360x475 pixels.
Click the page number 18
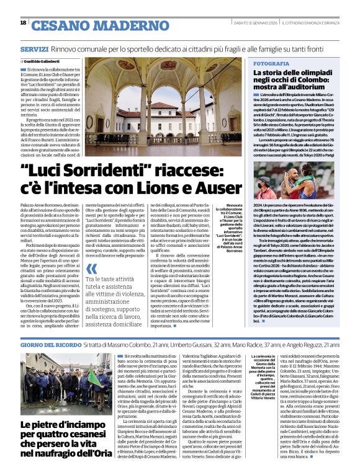pyautogui.click(x=23, y=23)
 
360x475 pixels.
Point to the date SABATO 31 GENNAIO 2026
pyautogui.click(x=250, y=24)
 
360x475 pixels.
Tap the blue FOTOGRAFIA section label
pyautogui.click(x=271, y=64)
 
